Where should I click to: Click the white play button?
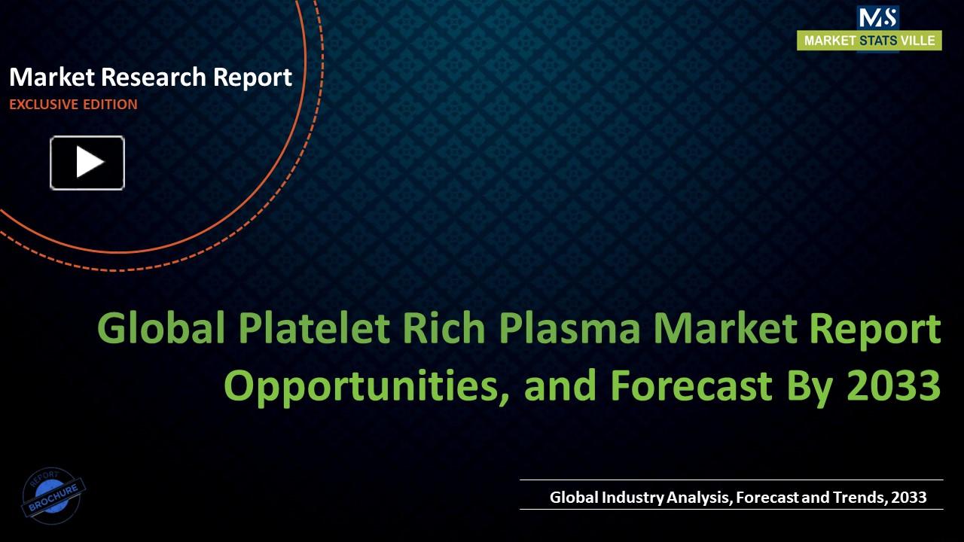pos(87,163)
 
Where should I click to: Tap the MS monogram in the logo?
pos(877,18)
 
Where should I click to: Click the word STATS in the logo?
pos(877,41)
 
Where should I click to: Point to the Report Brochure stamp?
pos(53,495)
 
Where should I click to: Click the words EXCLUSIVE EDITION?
pos(73,105)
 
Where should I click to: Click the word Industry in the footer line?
pos(633,497)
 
